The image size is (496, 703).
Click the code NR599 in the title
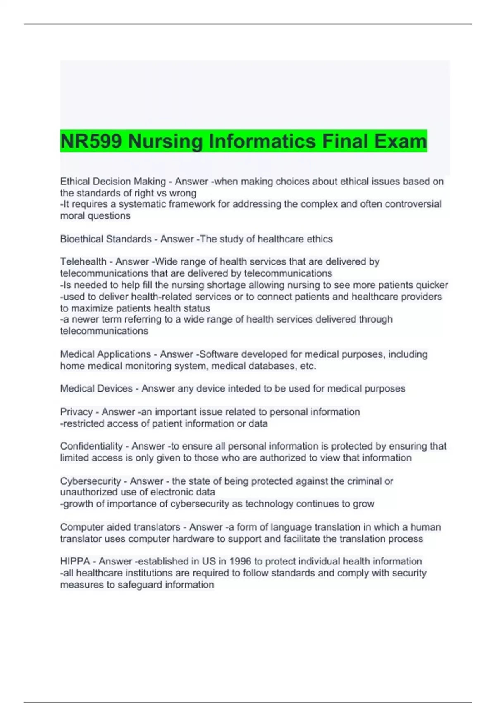click(91, 141)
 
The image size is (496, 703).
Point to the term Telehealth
click(83, 262)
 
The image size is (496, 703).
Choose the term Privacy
click(76, 412)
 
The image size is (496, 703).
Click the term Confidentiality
click(91, 446)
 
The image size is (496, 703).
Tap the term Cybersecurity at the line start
click(91, 481)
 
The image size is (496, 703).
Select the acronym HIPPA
click(75, 561)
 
